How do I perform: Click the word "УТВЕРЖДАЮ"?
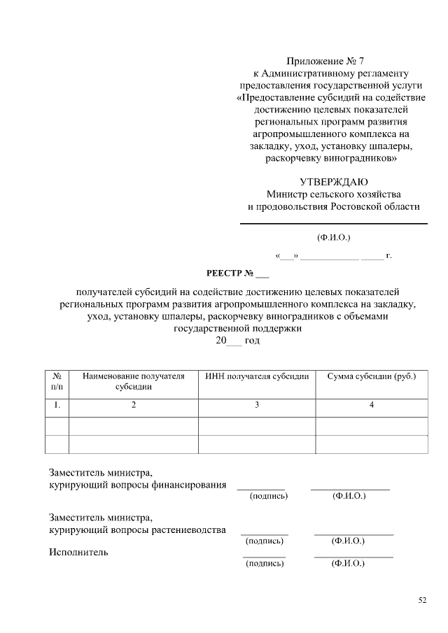click(334, 182)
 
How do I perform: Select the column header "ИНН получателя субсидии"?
click(257, 376)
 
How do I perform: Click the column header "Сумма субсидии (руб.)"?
click(372, 376)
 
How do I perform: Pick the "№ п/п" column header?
click(57, 381)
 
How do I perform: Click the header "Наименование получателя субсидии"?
click(134, 381)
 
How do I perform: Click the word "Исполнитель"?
click(78, 553)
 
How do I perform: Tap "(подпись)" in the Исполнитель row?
click(265, 564)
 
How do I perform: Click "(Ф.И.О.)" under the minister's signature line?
click(334, 238)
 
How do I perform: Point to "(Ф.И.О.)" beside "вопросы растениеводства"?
click(348, 541)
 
